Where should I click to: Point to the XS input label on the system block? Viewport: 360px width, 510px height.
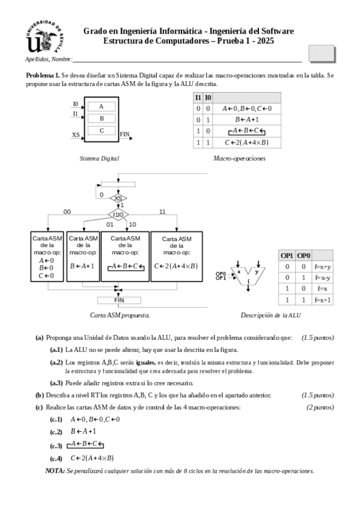tap(76, 135)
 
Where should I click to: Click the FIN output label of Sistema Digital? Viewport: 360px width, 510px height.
tap(124, 134)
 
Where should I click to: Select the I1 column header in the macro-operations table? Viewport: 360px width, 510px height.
tap(198, 97)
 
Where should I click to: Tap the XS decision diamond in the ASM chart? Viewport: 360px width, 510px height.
tap(119, 198)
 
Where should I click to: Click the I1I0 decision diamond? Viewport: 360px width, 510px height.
tap(119, 214)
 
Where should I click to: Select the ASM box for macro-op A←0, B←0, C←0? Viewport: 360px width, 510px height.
tap(47, 256)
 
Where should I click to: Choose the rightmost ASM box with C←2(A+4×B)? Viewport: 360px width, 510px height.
tap(177, 256)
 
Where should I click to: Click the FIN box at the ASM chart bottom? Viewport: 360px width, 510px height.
tap(119, 300)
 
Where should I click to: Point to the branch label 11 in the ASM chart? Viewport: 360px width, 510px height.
tap(162, 212)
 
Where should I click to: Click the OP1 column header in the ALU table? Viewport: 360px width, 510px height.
tap(287, 255)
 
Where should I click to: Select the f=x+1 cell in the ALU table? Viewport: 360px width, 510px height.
tap(322, 299)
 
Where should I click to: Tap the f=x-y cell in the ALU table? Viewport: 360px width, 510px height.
tap(322, 277)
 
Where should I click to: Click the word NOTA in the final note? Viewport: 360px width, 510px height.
tap(55, 471)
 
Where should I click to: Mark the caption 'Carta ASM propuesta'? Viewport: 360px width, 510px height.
tap(120, 315)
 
